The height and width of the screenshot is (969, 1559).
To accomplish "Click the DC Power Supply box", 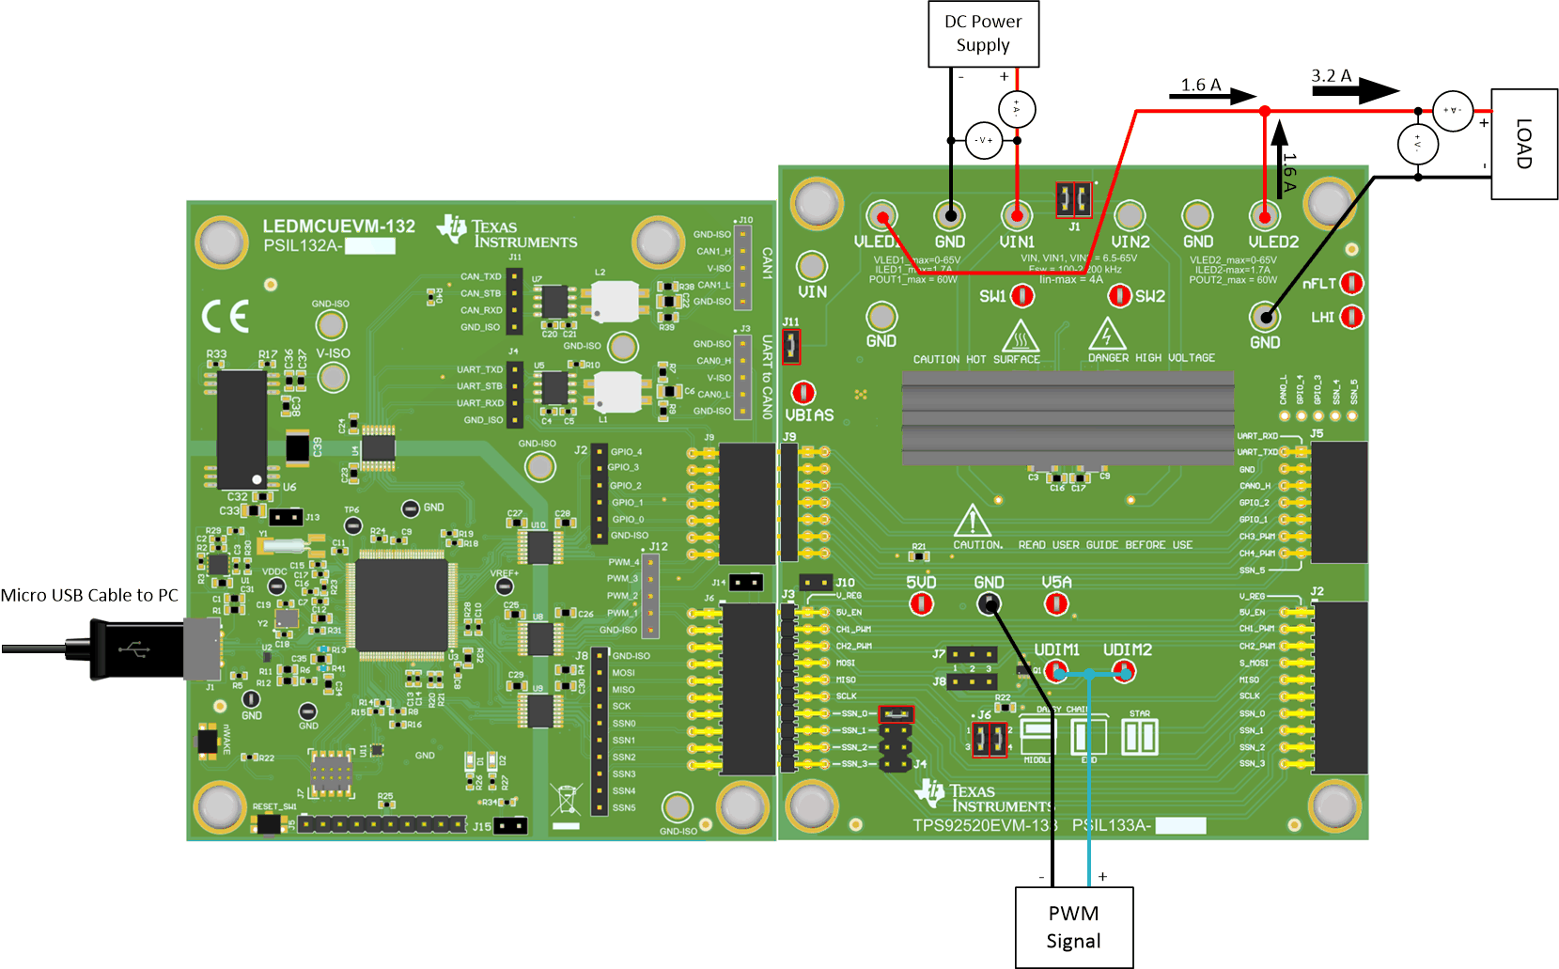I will pyautogui.click(x=983, y=34).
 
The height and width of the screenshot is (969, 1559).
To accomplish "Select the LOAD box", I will pyautogui.click(x=1524, y=144).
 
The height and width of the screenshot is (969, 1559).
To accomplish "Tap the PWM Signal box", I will pyautogui.click(x=1073, y=927).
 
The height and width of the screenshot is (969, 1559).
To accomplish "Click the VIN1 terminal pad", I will pyautogui.click(x=1017, y=217).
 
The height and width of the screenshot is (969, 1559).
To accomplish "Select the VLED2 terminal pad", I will pyautogui.click(x=1265, y=217).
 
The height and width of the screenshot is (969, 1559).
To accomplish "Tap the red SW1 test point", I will pyautogui.click(x=1022, y=296).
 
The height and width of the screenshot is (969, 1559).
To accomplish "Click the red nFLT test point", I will pyautogui.click(x=1351, y=283).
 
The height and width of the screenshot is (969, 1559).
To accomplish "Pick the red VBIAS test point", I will pyautogui.click(x=803, y=392).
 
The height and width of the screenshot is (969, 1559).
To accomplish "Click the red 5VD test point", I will pyautogui.click(x=921, y=603).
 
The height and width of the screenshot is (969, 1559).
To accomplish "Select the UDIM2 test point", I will pyautogui.click(x=1124, y=671).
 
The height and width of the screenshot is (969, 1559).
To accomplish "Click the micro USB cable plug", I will pyautogui.click(x=141, y=649).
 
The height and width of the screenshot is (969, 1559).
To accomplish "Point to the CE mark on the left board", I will pyautogui.click(x=226, y=317).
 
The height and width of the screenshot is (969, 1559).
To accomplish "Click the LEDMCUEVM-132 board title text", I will pyautogui.click(x=338, y=227).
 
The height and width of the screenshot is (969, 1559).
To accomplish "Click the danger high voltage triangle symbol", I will pyautogui.click(x=1107, y=335).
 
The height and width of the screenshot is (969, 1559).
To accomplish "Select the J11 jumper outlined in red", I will pyautogui.click(x=791, y=347).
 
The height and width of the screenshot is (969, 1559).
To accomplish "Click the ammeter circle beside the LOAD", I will pyautogui.click(x=1453, y=111).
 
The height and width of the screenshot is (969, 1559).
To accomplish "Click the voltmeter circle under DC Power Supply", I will pyautogui.click(x=983, y=140).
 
